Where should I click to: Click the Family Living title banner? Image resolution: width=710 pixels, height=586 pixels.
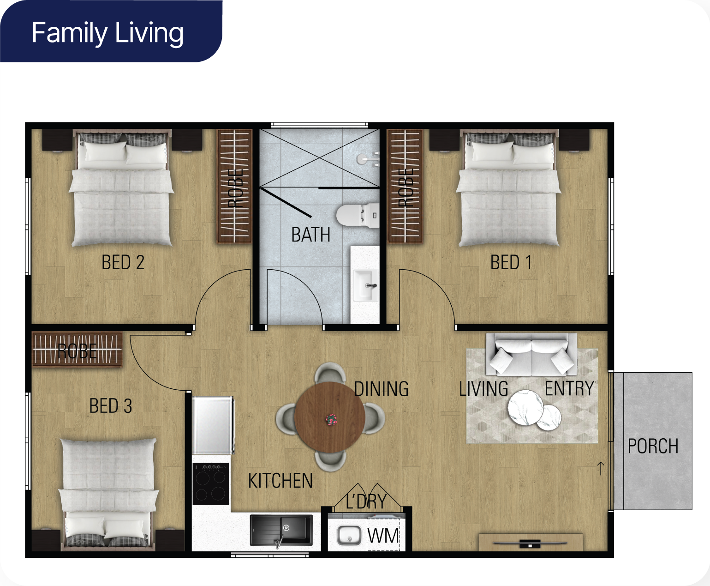click(111, 31)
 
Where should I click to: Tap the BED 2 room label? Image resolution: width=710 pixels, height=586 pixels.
click(123, 262)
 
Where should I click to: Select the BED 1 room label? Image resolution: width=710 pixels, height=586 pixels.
click(511, 262)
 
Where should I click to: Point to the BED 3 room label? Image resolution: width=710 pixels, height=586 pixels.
click(111, 405)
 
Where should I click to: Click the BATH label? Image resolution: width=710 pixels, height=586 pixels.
click(311, 235)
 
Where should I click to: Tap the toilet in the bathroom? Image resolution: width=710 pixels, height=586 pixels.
click(358, 215)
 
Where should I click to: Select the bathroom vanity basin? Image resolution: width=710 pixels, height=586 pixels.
click(365, 285)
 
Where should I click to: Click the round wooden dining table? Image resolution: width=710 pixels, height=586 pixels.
click(329, 417)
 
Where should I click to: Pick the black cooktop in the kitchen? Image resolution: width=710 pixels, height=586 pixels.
click(210, 483)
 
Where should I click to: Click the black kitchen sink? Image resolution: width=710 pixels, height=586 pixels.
click(281, 530)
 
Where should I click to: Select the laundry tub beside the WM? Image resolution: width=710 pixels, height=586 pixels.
click(349, 535)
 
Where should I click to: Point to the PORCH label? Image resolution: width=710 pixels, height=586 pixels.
click(653, 446)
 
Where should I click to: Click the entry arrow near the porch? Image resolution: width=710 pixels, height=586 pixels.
click(601, 468)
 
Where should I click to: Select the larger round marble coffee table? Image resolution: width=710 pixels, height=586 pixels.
click(525, 407)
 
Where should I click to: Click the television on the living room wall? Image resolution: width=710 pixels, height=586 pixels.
click(530, 544)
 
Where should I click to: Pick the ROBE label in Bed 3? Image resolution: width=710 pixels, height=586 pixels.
click(77, 351)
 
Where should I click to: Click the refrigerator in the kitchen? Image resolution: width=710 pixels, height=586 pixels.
click(213, 425)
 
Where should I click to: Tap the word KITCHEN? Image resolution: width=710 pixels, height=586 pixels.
click(280, 481)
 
